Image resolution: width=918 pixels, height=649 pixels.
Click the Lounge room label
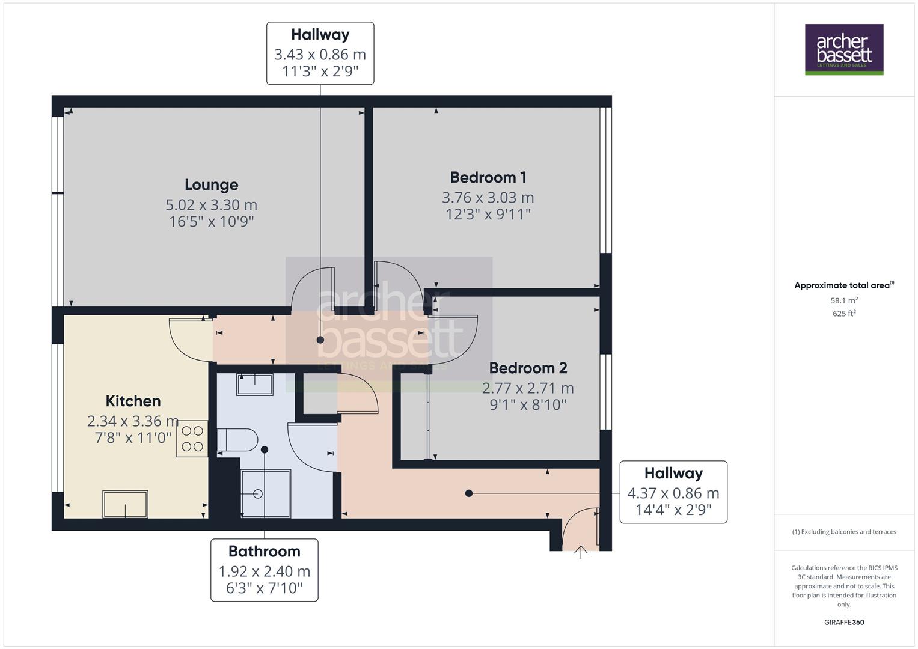pyautogui.click(x=211, y=184)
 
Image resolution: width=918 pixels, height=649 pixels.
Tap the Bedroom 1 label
pyautogui.click(x=488, y=177)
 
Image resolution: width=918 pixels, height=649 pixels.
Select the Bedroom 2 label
pyautogui.click(x=528, y=368)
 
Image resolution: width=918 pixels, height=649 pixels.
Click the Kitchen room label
pyautogui.click(x=133, y=401)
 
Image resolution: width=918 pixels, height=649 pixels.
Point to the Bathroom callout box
pyautogui.click(x=265, y=569)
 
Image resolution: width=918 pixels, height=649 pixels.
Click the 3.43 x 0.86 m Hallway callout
pyautogui.click(x=320, y=53)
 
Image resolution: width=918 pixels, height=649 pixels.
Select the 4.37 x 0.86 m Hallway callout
pyautogui.click(x=673, y=492)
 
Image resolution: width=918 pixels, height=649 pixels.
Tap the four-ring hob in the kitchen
pyautogui.click(x=192, y=439)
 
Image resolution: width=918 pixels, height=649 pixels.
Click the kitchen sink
pyautogui.click(x=125, y=504)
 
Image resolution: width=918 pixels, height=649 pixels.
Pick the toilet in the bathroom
pyautogui.click(x=237, y=440)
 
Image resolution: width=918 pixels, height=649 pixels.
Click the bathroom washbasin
pyautogui.click(x=255, y=383)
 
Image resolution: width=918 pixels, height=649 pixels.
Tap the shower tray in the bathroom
pyautogui.click(x=265, y=493)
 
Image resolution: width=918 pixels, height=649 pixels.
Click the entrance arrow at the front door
pyautogui.click(x=581, y=551)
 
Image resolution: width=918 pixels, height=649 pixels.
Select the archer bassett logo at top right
pyautogui.click(x=844, y=49)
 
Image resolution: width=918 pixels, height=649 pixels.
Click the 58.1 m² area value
pyautogui.click(x=844, y=300)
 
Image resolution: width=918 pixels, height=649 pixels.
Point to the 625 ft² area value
pyautogui.click(x=844, y=314)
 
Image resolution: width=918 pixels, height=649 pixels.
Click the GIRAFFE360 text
pyautogui.click(x=844, y=622)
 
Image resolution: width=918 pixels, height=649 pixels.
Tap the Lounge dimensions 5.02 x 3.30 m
pyautogui.click(x=211, y=205)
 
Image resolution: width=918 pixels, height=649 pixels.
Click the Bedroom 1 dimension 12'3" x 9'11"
pyautogui.click(x=488, y=215)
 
